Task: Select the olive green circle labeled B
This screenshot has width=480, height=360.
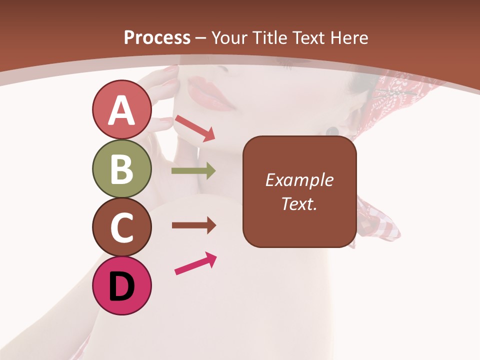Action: click(x=122, y=169)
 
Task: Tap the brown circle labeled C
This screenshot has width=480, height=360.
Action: click(x=122, y=227)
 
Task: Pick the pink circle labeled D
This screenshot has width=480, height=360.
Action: click(x=122, y=286)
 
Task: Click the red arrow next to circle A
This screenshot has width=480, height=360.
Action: click(x=195, y=128)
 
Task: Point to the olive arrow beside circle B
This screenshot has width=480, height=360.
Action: click(x=193, y=171)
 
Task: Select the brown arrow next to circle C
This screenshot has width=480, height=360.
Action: click(x=193, y=225)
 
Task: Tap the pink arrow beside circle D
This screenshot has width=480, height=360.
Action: click(x=195, y=263)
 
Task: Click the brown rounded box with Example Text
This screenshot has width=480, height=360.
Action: click(x=299, y=192)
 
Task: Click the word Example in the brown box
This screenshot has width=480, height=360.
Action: click(x=299, y=180)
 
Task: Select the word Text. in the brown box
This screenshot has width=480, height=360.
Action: click(x=299, y=204)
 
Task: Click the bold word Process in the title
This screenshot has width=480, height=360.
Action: click(x=157, y=37)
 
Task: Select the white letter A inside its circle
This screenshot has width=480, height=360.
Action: click(x=122, y=110)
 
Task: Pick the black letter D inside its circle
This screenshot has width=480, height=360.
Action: click(x=122, y=287)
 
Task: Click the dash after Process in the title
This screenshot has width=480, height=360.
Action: click(x=201, y=38)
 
